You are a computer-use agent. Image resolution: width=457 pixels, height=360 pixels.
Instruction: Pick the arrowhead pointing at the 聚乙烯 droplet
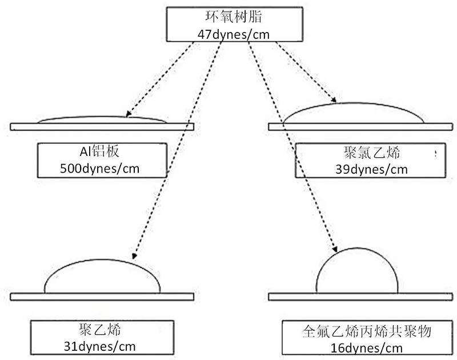tap(134, 257)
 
